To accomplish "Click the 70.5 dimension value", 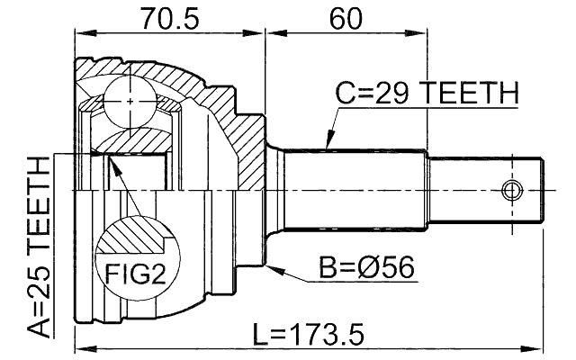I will (x=169, y=17).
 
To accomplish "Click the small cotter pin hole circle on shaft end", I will (x=511, y=191).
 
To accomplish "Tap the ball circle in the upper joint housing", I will (x=130, y=102).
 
